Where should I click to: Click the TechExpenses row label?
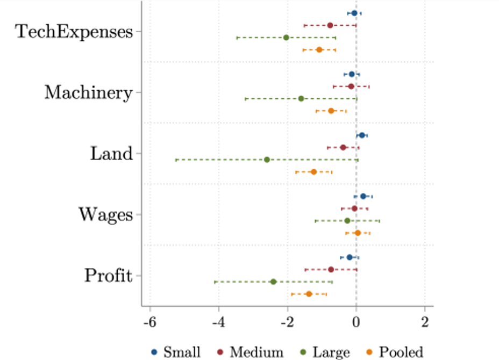[74, 32]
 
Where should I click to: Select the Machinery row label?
[88, 93]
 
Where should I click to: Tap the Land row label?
[111, 154]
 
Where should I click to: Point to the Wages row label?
[105, 215]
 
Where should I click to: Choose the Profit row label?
[108, 276]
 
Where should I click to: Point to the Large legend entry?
[327, 352]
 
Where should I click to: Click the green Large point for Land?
[267, 160]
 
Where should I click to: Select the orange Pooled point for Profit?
[309, 294]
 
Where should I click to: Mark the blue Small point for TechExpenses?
[354, 13]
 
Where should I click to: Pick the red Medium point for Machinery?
[351, 87]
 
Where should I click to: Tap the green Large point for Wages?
[347, 221]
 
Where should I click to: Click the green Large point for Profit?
[273, 282]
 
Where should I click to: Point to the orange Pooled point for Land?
[313, 172]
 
